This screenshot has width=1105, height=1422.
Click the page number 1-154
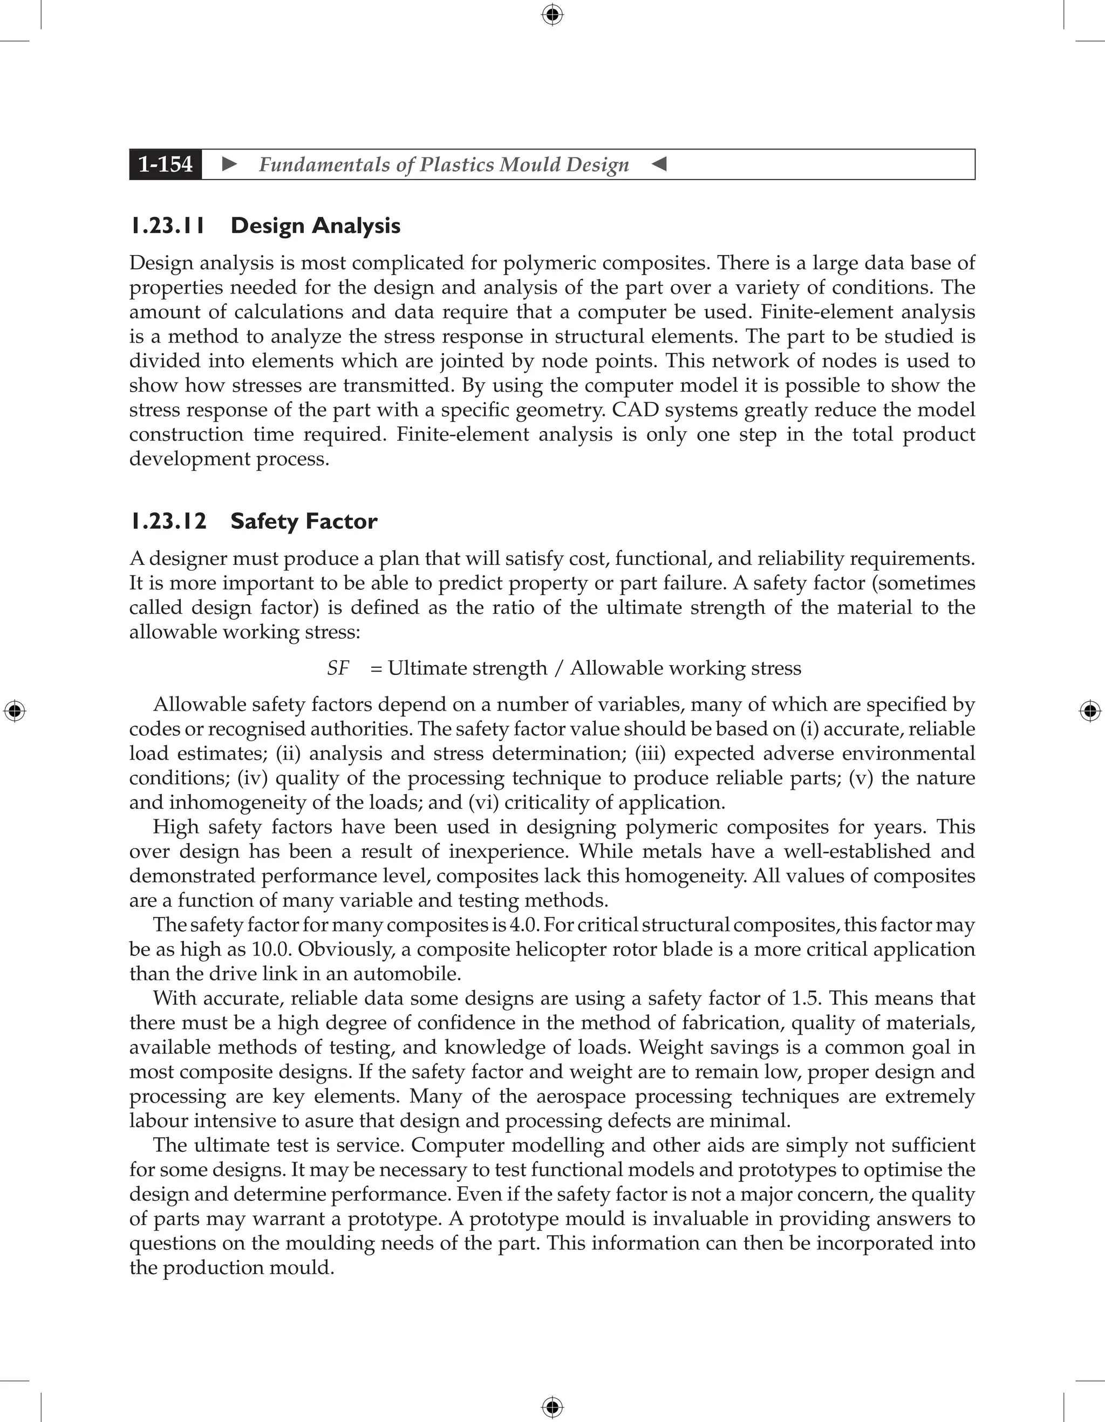point(166,164)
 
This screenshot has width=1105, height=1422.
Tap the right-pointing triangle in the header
point(229,164)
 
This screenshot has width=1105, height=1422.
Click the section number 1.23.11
point(167,226)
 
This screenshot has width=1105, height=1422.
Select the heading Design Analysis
point(315,226)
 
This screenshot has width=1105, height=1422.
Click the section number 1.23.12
point(168,522)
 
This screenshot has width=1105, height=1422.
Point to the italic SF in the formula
point(338,668)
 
